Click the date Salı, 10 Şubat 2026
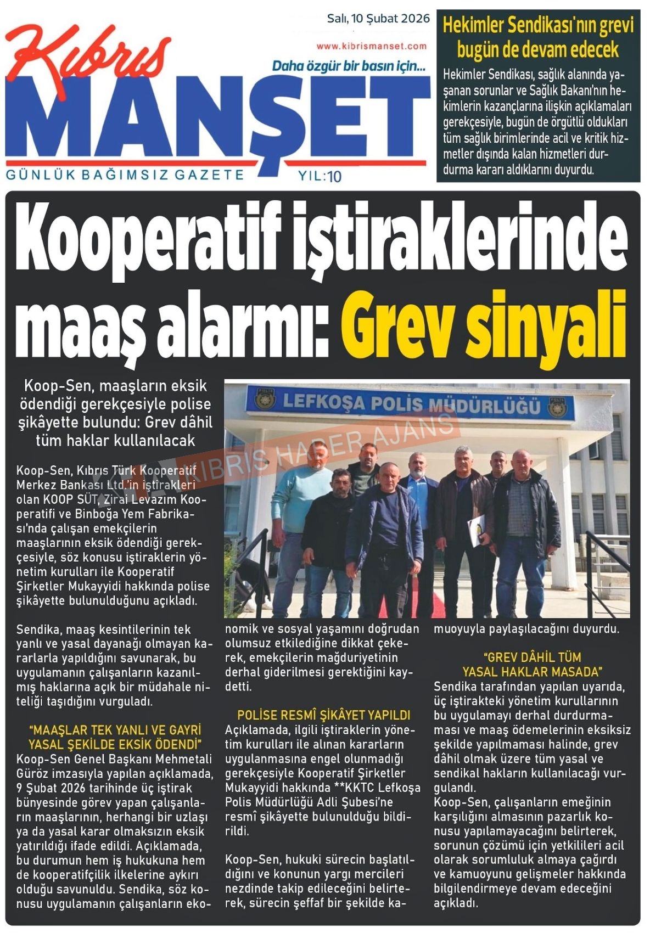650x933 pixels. (x=378, y=19)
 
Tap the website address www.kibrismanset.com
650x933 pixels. (x=371, y=47)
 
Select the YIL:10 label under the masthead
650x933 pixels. (x=320, y=176)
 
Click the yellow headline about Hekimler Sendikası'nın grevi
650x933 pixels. (x=538, y=37)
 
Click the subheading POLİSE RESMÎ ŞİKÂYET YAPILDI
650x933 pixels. (x=324, y=715)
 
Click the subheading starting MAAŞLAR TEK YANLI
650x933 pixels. (x=115, y=737)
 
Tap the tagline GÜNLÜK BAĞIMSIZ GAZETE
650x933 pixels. (x=125, y=175)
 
